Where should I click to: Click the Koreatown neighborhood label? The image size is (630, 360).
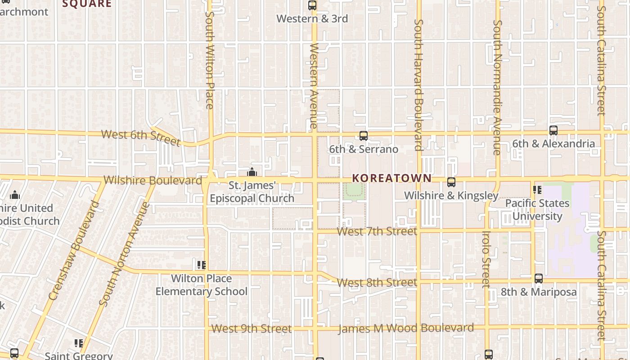click(391, 178)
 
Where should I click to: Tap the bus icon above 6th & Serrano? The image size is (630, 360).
click(363, 135)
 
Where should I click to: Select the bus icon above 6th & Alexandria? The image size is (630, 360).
click(553, 130)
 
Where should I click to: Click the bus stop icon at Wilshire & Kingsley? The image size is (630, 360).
click(451, 182)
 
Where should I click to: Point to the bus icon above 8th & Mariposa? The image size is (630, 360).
click(538, 279)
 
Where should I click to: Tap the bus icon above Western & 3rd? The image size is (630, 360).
click(312, 5)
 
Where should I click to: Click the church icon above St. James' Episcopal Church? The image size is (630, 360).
click(252, 172)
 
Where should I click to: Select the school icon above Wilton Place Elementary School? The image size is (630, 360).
click(201, 265)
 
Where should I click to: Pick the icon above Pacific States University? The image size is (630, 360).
click(537, 190)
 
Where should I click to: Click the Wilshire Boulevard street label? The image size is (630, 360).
click(153, 180)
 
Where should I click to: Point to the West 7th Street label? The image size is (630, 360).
click(377, 231)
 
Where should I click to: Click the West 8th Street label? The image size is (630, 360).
click(377, 283)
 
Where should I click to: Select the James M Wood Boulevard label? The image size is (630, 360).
click(406, 328)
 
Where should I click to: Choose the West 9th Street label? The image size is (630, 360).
click(252, 329)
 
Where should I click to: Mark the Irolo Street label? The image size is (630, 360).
click(486, 259)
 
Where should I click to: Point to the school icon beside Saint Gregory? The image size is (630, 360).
click(79, 344)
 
